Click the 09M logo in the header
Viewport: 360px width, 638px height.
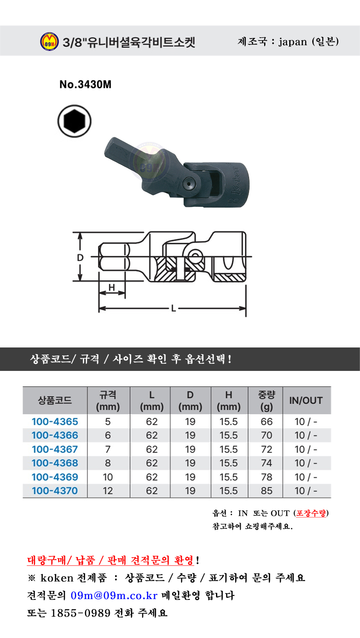click(49, 41)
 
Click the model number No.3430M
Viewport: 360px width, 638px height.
click(85, 85)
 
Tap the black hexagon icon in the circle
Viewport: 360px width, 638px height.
click(75, 121)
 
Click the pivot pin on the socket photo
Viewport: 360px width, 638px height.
click(189, 183)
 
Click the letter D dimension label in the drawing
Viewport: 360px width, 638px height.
click(80, 257)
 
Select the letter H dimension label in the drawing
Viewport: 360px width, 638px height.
click(112, 287)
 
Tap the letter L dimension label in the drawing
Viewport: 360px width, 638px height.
click(173, 309)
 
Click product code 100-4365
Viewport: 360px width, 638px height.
click(55, 422)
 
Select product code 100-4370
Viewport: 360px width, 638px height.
click(55, 491)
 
